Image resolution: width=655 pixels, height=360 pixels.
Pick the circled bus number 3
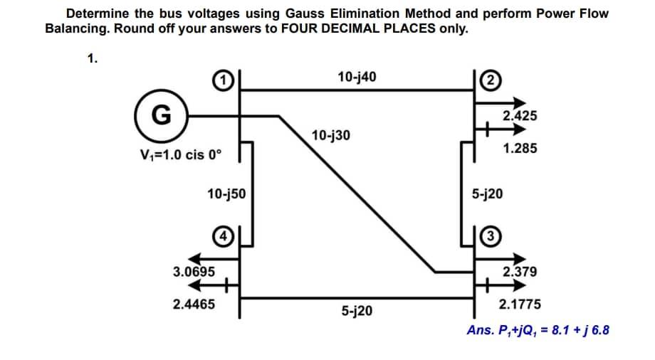491,235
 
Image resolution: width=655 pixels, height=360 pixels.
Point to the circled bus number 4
223,234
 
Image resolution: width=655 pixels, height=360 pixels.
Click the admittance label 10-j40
357,76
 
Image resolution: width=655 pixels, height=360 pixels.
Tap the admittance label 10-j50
226,193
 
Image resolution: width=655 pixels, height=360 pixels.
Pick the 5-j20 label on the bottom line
356,310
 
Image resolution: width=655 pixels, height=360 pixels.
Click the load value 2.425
520,116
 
